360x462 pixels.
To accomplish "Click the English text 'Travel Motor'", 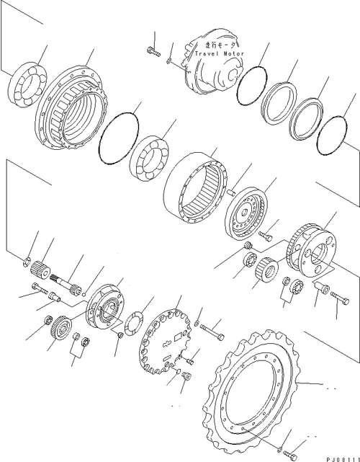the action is click(220, 53).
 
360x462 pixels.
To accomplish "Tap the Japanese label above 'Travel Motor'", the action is click(220, 45).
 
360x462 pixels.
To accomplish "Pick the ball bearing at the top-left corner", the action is click(27, 84).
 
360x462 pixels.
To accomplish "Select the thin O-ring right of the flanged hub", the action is click(118, 138).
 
